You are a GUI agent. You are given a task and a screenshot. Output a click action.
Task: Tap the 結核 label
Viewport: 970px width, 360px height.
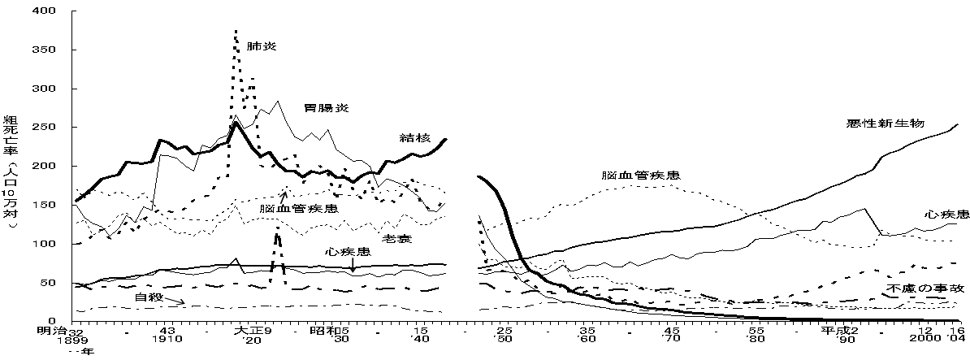(414, 137)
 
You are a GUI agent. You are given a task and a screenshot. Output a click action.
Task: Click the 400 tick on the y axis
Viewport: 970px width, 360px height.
(45, 11)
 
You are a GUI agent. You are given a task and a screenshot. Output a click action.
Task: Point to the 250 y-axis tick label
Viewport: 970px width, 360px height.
(45, 128)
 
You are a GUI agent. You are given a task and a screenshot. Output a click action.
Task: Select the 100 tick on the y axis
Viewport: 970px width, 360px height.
(45, 244)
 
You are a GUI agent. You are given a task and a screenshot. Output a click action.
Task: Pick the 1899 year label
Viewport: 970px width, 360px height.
(58, 341)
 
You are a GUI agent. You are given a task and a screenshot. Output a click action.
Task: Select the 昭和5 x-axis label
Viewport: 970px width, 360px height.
(329, 331)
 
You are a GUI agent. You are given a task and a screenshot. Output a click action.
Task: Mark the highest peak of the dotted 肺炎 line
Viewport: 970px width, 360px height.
(235, 31)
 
